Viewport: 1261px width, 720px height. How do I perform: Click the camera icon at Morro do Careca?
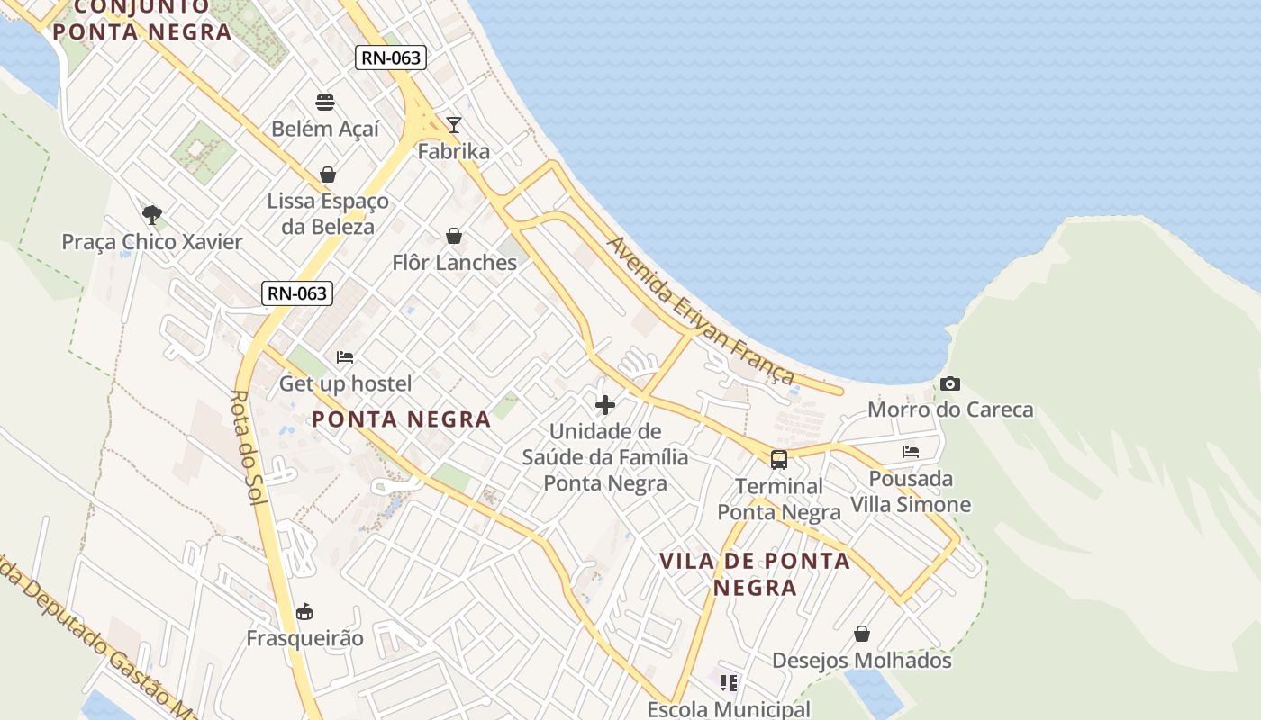[x=949, y=384]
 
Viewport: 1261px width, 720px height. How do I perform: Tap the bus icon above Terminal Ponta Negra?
[x=779, y=460]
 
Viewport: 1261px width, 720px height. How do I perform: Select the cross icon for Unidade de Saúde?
[x=605, y=405]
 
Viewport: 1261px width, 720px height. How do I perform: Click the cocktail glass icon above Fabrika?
[x=454, y=124]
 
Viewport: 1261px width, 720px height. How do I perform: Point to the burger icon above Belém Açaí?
[x=325, y=102]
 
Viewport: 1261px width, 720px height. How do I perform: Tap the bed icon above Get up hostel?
[x=345, y=357]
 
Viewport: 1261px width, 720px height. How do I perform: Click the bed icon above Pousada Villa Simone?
[x=911, y=452]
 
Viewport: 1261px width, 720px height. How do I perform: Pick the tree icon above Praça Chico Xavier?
[x=152, y=215]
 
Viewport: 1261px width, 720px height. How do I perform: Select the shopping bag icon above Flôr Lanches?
[x=454, y=236]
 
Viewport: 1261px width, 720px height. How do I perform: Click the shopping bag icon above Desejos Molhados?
[x=862, y=634]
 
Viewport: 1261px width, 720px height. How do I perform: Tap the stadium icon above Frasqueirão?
[x=304, y=612]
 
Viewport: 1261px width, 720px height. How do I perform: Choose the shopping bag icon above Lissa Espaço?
[x=327, y=174]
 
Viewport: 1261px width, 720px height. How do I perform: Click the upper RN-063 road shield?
[x=390, y=58]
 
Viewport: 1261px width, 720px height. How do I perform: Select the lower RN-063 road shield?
[x=296, y=292]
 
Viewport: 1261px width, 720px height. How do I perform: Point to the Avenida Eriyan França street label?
[x=701, y=310]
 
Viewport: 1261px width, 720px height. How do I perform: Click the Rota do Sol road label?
[x=246, y=447]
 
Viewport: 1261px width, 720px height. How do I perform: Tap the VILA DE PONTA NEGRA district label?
[x=755, y=573]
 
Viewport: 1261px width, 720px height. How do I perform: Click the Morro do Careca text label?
[x=950, y=409]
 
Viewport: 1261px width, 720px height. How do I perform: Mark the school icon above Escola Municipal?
[x=729, y=683]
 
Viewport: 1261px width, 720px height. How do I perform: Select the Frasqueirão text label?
[x=305, y=638]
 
